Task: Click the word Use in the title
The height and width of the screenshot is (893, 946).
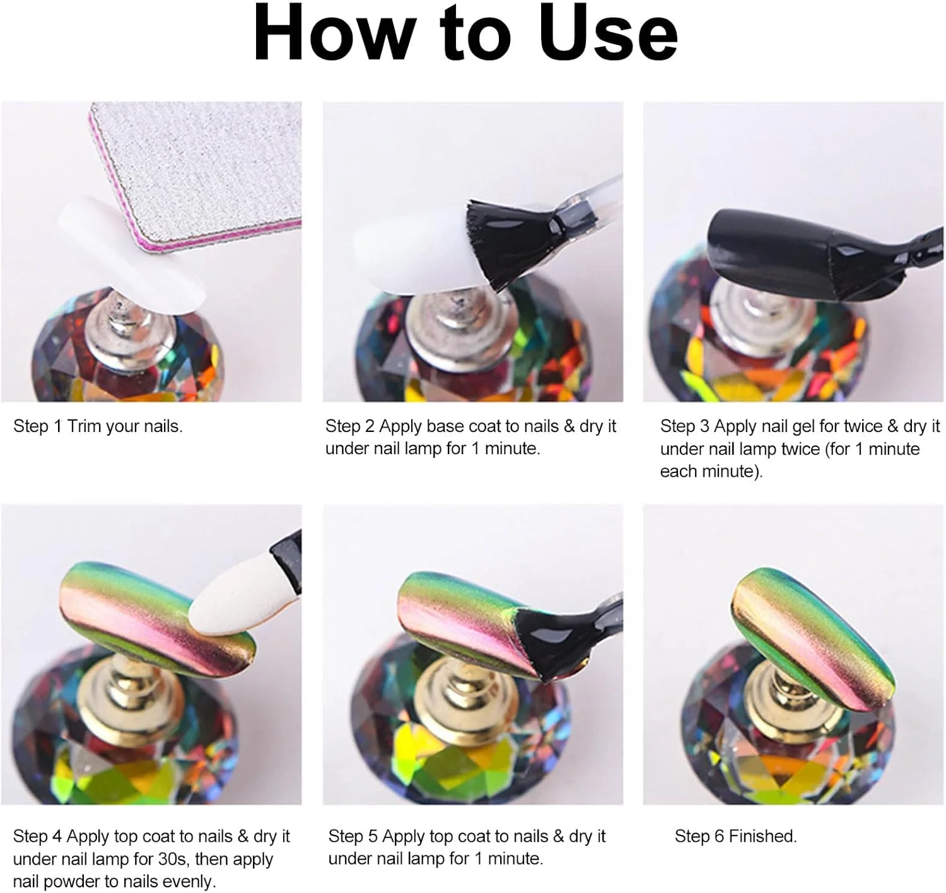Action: click(x=609, y=33)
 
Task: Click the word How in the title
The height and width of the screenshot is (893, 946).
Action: click(x=333, y=33)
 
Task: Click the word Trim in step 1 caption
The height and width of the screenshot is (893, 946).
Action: click(x=84, y=426)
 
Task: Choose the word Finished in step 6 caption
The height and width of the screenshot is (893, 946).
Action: click(x=762, y=836)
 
